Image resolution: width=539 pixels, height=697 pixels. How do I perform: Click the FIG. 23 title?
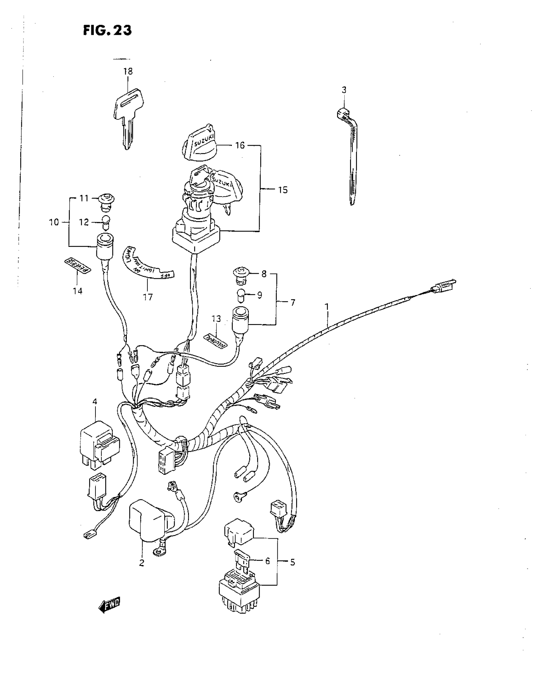tap(107, 31)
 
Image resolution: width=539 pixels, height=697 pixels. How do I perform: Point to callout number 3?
tap(344, 90)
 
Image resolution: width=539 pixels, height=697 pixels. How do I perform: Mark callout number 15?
tap(282, 190)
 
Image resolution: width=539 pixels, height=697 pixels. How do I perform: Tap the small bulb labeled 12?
tap(105, 222)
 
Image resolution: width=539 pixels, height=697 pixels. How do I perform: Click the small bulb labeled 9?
tap(241, 295)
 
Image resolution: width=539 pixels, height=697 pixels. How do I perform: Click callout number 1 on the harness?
tap(327, 307)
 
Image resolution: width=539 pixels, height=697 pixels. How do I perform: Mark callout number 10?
tap(54, 222)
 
